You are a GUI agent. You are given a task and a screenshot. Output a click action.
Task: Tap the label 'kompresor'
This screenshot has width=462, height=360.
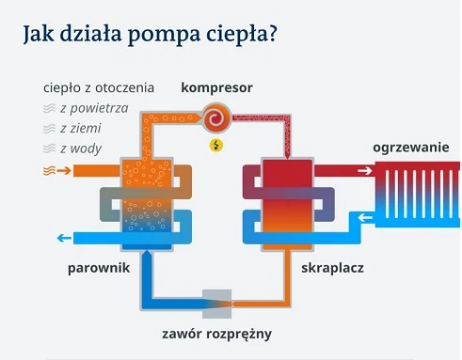[x=217, y=87]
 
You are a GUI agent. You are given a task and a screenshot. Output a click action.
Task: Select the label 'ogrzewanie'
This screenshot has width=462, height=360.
[x=410, y=149]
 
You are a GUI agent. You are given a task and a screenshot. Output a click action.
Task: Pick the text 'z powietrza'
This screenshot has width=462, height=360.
[x=93, y=108]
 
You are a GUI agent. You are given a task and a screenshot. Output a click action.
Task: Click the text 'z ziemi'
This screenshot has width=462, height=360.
[x=80, y=128]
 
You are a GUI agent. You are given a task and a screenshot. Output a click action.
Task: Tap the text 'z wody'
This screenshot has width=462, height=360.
[x=81, y=148]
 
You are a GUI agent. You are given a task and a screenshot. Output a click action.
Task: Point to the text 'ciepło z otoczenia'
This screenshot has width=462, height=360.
[x=99, y=87]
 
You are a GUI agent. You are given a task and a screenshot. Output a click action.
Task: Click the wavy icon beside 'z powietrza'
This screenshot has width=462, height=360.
[x=48, y=109]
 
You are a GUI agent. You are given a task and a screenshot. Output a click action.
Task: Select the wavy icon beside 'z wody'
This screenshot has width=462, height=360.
[x=48, y=149]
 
